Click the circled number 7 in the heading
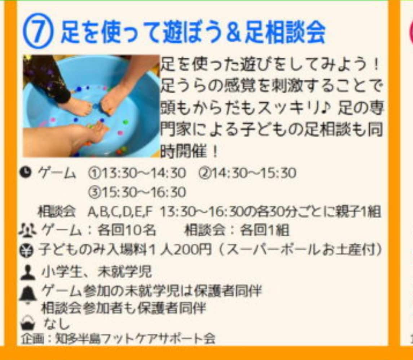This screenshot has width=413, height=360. tap(38, 31)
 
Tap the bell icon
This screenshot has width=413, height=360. tap(28, 294)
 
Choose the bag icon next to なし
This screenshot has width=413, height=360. tap(28, 323)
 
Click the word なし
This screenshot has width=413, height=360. tap(56, 324)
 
